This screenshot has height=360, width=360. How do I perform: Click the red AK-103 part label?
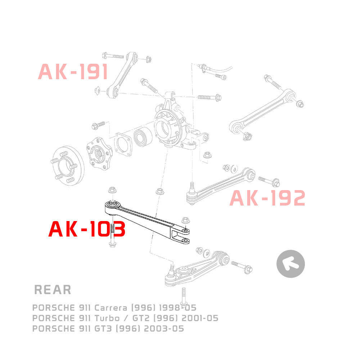point(87,229)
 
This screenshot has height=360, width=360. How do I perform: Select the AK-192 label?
point(267,198)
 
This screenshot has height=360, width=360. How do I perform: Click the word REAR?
point(53,289)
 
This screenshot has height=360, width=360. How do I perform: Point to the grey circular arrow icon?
point(291,264)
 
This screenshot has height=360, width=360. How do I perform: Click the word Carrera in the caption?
point(111,307)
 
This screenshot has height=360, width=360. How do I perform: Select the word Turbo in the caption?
point(107,318)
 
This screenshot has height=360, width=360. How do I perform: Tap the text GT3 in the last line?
point(103,329)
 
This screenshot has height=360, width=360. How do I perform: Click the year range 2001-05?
point(200,318)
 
